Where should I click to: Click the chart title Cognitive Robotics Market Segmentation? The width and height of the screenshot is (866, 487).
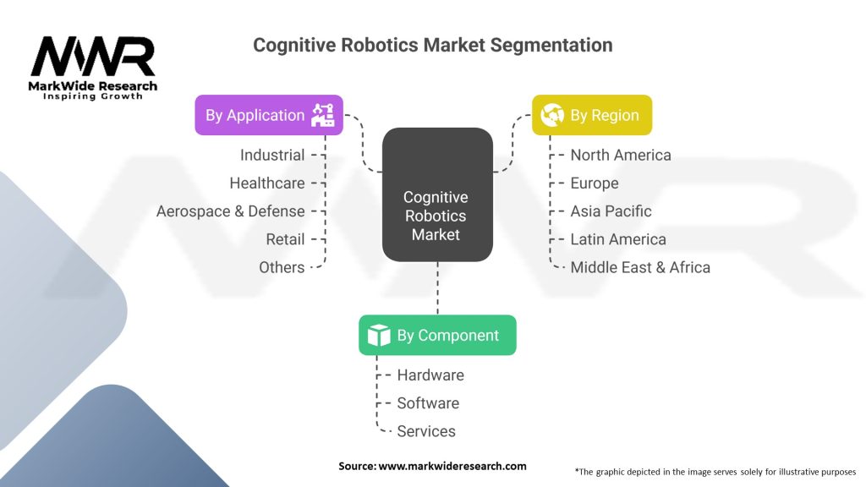(432, 45)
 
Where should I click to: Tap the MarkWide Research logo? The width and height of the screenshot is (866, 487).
(93, 68)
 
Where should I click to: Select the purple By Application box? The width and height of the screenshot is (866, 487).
(269, 115)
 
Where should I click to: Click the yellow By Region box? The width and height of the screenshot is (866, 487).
(591, 115)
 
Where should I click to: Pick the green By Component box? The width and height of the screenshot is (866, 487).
(436, 335)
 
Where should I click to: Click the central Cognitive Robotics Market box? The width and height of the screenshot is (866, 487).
(436, 215)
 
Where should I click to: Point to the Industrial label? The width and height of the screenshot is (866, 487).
(271, 155)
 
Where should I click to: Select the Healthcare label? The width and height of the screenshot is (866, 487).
(266, 183)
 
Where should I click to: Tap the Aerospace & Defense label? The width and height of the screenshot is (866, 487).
(230, 211)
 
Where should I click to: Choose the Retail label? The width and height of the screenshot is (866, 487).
(285, 239)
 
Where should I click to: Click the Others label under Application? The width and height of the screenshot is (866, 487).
(282, 267)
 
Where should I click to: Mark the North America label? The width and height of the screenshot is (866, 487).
(620, 155)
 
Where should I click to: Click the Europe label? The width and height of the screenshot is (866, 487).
(594, 183)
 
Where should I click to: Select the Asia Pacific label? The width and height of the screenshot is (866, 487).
(611, 211)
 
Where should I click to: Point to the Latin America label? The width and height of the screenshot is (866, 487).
(617, 239)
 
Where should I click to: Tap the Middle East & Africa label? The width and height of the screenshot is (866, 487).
(639, 267)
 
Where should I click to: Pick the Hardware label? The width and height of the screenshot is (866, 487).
(430, 375)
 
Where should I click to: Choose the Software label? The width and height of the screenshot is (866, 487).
(428, 402)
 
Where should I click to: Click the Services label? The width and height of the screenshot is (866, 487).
(426, 431)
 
